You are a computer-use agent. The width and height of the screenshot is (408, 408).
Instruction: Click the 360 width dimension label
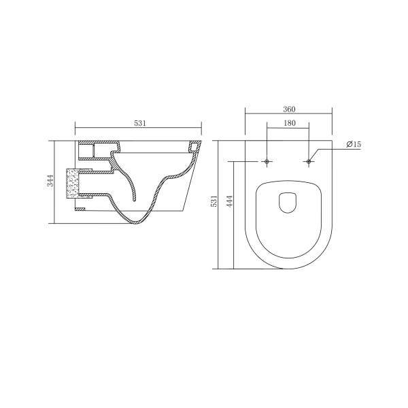click(x=289, y=109)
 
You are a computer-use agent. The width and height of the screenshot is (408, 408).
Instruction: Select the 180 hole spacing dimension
click(x=290, y=123)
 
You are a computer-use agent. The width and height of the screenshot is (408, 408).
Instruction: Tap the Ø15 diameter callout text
click(x=354, y=144)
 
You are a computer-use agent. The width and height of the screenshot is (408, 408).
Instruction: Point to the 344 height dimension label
click(x=50, y=181)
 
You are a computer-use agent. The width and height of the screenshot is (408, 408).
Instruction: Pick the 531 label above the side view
click(x=140, y=123)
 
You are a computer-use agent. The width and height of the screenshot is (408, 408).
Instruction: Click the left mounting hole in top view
click(x=267, y=162)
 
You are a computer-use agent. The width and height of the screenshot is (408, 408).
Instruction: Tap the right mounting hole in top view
click(x=309, y=162)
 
